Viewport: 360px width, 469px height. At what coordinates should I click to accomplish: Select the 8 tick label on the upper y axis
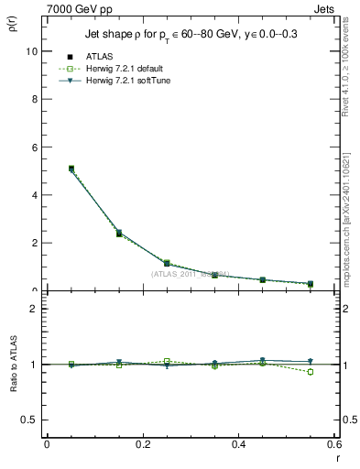[34, 99]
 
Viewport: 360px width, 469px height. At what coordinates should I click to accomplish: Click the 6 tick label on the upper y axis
[34, 147]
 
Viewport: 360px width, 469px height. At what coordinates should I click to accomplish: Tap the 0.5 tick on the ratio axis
[29, 420]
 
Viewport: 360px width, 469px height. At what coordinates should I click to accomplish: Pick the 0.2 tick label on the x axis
[142, 445]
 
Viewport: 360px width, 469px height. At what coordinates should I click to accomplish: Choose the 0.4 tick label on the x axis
[238, 445]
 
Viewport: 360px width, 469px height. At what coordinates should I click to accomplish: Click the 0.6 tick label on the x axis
[333, 445]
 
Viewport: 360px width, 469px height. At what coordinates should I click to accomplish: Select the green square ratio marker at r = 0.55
[310, 372]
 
